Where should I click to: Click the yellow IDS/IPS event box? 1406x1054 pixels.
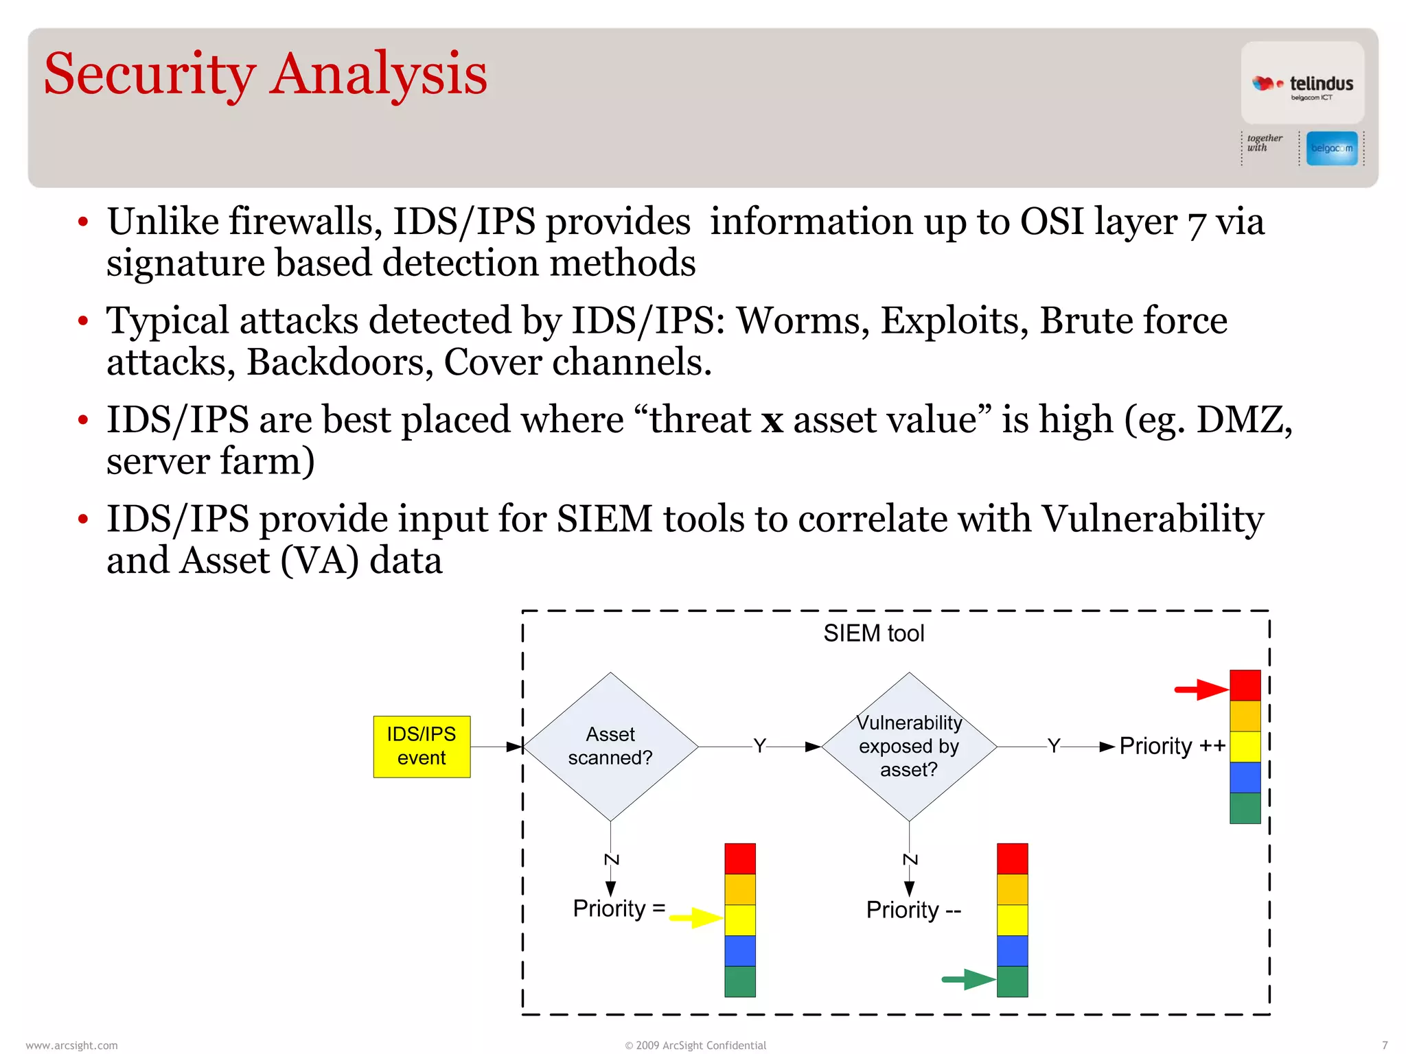[x=422, y=746]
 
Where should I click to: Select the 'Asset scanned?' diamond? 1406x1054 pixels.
[x=610, y=746]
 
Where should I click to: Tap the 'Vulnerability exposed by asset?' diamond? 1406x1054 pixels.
[x=909, y=746]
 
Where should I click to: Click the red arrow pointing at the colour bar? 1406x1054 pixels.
[x=1201, y=689]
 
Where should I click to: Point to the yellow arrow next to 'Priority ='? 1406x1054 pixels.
[x=695, y=917]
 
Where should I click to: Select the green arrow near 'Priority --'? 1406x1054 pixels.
[x=968, y=979]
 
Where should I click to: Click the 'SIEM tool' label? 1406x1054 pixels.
[x=873, y=633]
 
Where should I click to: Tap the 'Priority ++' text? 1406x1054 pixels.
[x=1172, y=746]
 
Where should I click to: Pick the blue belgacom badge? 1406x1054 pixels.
[x=1331, y=148]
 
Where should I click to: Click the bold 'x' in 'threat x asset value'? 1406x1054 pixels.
[x=772, y=420]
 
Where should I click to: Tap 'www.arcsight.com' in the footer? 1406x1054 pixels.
[x=71, y=1045]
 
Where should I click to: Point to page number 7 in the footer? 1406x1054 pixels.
[x=1384, y=1045]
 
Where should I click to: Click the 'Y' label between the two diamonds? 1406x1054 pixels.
[x=759, y=745]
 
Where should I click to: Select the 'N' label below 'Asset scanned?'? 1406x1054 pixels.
[x=611, y=859]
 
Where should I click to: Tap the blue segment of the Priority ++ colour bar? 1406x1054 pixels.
[x=1245, y=777]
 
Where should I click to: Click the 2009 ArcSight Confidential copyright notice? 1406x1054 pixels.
[x=695, y=1045]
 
